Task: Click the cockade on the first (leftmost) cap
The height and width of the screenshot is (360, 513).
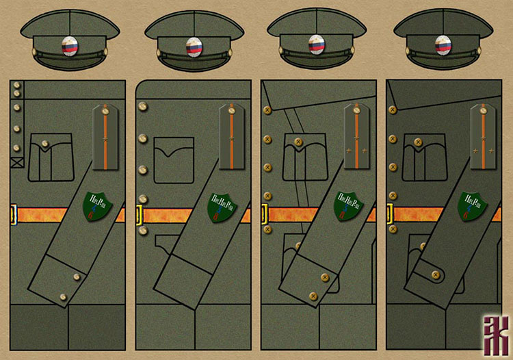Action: [x=70, y=47]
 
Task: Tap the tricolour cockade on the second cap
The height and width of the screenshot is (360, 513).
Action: [x=194, y=47]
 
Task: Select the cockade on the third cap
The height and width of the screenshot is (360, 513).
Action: [x=316, y=45]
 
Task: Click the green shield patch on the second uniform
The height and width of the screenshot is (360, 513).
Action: [x=223, y=207]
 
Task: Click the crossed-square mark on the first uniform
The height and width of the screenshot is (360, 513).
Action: [x=16, y=162]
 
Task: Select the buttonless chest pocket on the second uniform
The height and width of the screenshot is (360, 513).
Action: [x=173, y=159]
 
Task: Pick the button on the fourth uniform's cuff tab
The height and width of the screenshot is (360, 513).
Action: [x=432, y=274]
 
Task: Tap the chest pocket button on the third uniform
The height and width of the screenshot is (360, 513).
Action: [x=297, y=142]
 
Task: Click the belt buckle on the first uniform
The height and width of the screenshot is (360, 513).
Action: [x=13, y=214]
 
